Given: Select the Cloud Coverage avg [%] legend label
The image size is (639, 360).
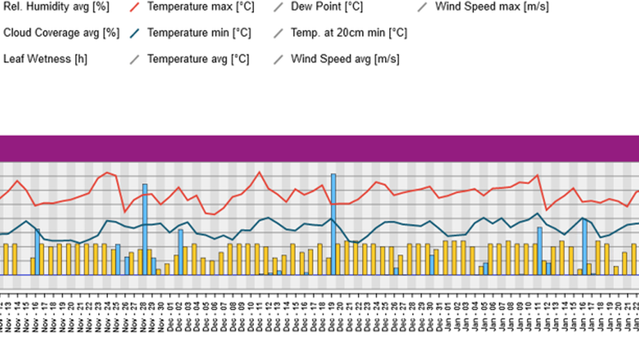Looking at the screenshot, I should (x=61, y=33).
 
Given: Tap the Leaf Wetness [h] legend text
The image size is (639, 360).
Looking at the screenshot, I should (x=45, y=58).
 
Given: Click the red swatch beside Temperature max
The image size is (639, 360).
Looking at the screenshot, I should (x=136, y=8).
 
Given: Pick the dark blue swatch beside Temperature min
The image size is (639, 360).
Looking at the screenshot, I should (x=136, y=33).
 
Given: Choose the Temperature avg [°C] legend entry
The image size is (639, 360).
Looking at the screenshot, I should (x=198, y=58).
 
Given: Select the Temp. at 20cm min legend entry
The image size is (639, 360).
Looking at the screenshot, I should (x=349, y=33).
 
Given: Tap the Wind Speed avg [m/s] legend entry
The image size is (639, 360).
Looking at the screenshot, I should (x=345, y=58).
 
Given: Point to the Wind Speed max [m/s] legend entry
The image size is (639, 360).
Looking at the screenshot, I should (x=491, y=8).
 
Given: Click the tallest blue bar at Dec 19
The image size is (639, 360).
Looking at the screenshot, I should (x=333, y=223).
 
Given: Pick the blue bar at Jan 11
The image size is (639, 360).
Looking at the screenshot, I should (x=539, y=251).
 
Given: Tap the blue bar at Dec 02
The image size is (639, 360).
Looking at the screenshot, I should (x=180, y=251).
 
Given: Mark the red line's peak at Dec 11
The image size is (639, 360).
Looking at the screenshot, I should (x=260, y=172).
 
